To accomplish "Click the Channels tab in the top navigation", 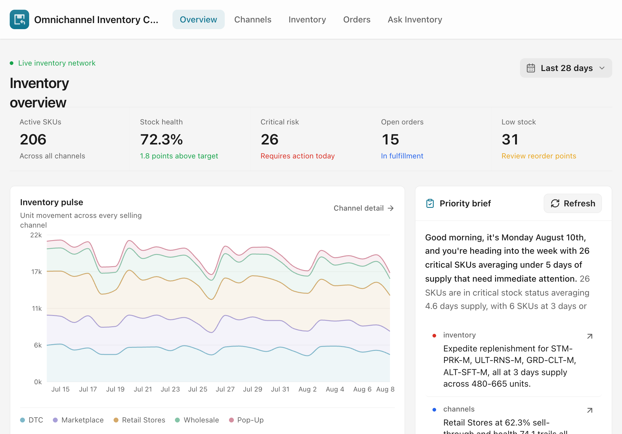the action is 253,19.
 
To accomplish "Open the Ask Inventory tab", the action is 415,19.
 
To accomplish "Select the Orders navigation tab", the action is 357,19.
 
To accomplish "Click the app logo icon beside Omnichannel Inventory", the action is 19,19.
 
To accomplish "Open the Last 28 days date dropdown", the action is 566,68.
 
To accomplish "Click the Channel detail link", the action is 364,208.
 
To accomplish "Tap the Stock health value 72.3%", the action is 161,140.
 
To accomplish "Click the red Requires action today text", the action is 297,156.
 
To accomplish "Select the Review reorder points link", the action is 538,156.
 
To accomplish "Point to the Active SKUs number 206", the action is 33,140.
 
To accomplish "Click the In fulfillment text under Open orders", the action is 402,156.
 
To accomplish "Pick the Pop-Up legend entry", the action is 246,420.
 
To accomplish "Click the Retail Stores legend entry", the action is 139,420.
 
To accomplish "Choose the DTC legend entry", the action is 32,420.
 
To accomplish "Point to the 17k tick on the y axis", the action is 36,272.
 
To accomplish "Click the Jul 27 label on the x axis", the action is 225,389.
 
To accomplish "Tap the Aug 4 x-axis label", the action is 335,389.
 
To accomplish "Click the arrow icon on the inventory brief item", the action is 590,336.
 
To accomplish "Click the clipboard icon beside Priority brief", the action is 430,203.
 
